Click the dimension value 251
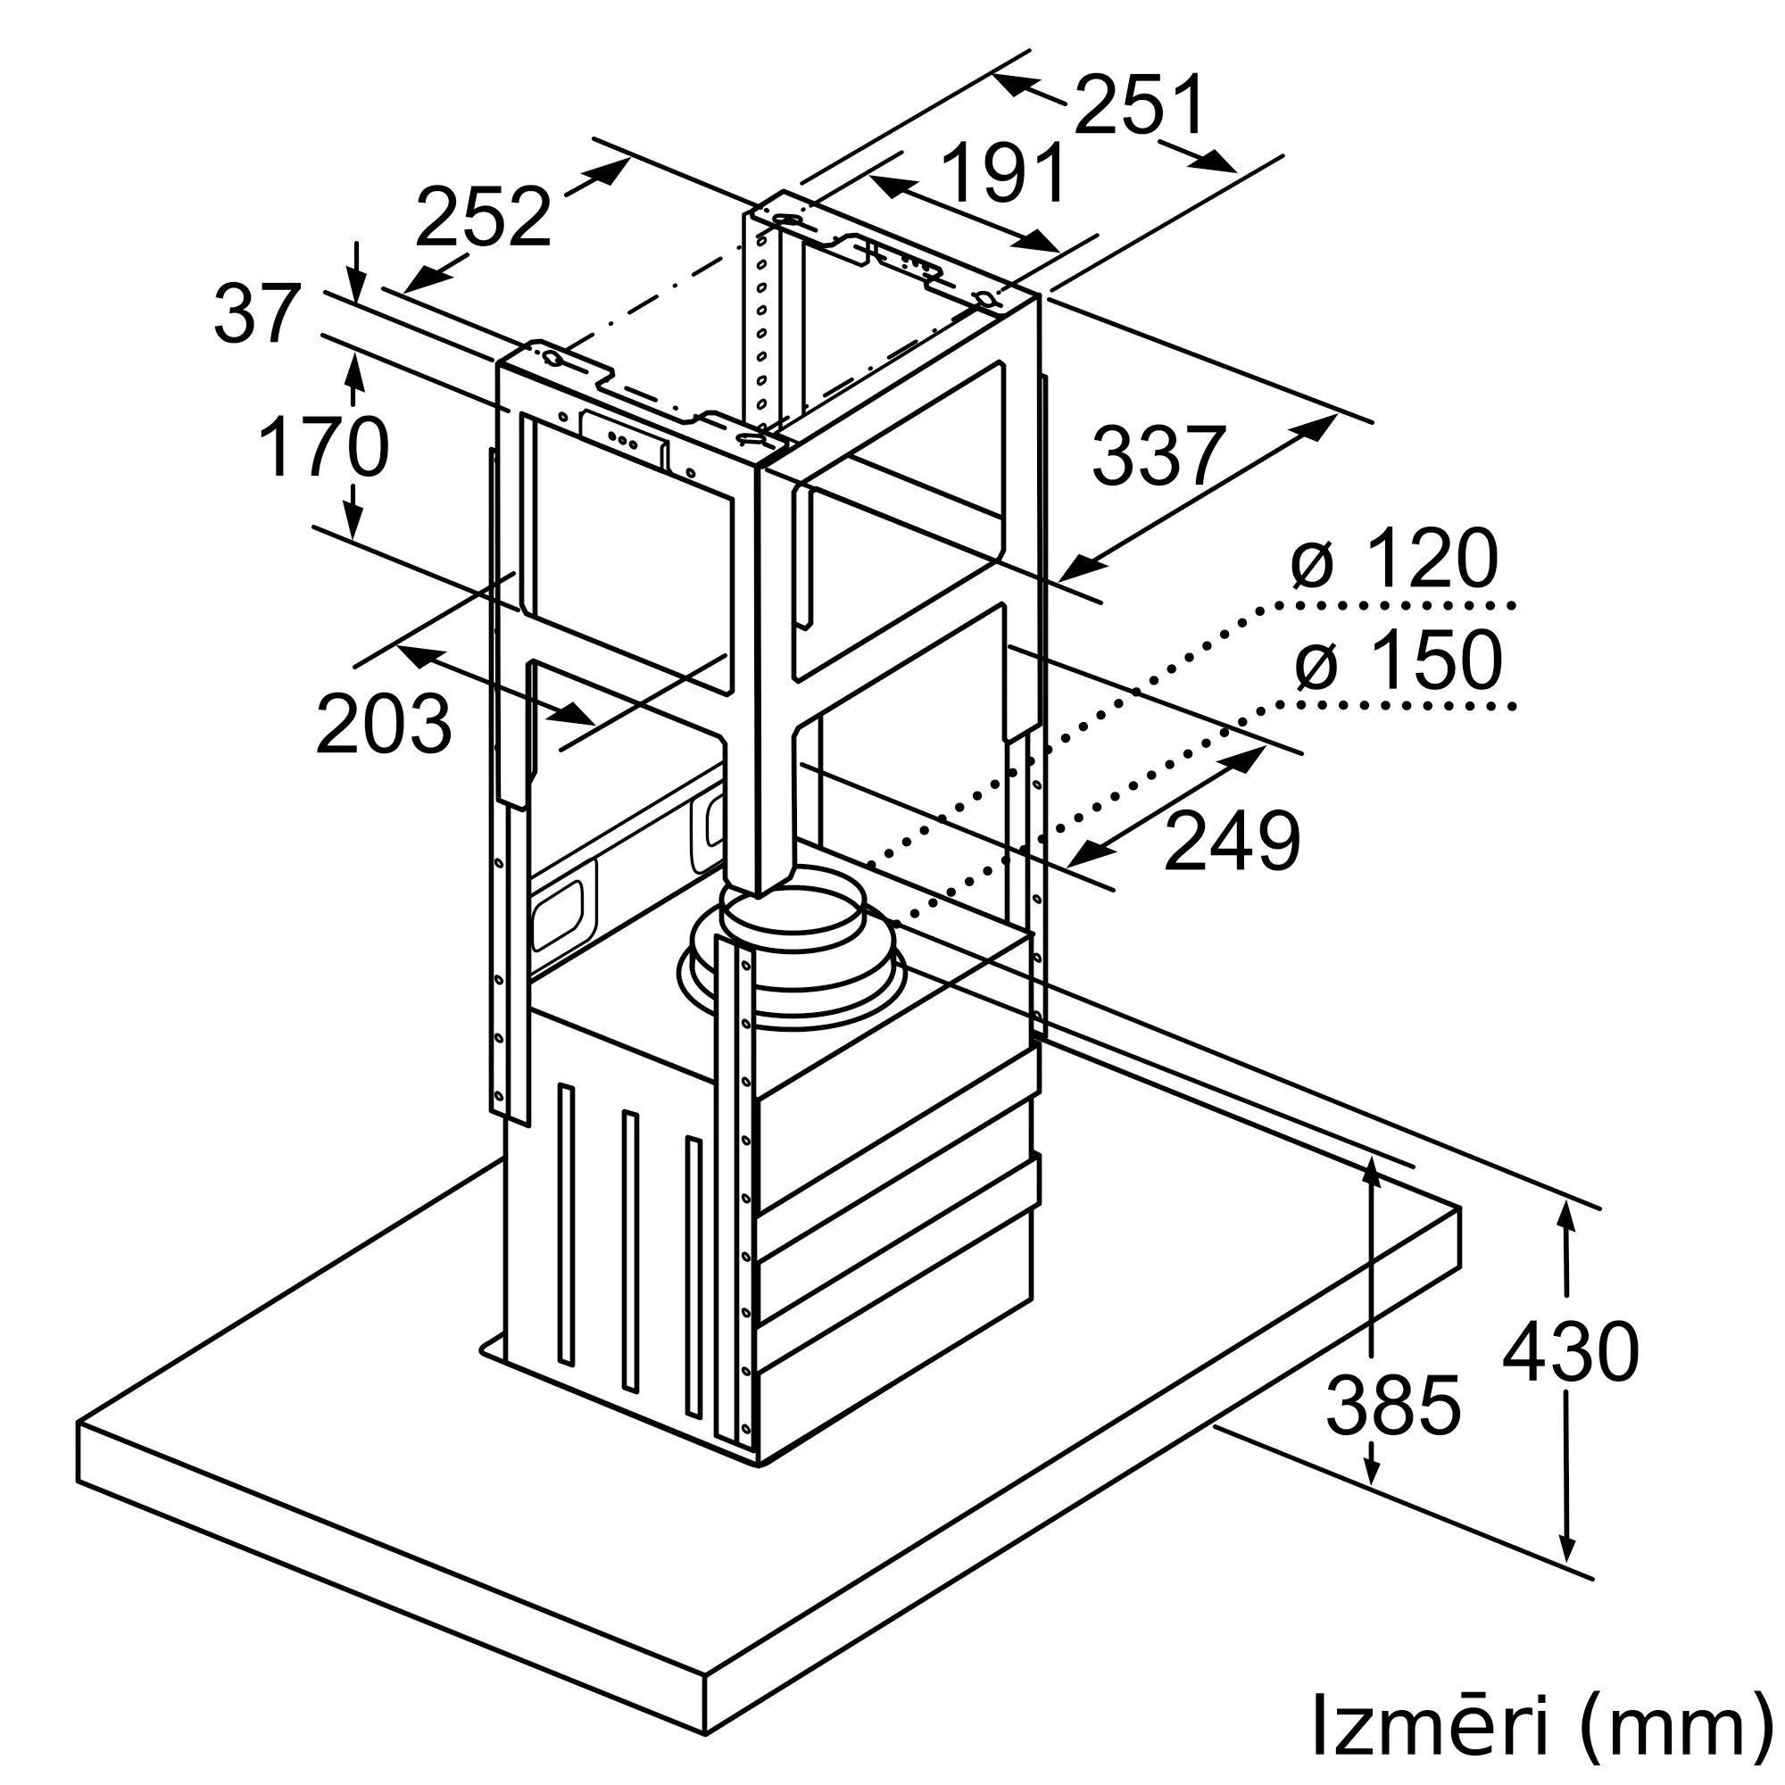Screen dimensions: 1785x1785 click(1140, 104)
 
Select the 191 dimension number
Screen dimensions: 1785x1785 click(1004, 172)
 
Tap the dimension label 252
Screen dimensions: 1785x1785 click(483, 216)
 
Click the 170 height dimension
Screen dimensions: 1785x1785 click(323, 447)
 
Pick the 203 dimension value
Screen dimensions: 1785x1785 click(384, 724)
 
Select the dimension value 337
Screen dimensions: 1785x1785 click(1158, 455)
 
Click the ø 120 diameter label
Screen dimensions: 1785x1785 click(1394, 558)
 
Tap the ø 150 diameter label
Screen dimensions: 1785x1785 click(1398, 659)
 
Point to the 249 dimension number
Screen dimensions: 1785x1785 click(1232, 841)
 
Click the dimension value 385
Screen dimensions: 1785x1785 click(1393, 1406)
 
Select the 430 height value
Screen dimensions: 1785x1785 click(1571, 1351)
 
